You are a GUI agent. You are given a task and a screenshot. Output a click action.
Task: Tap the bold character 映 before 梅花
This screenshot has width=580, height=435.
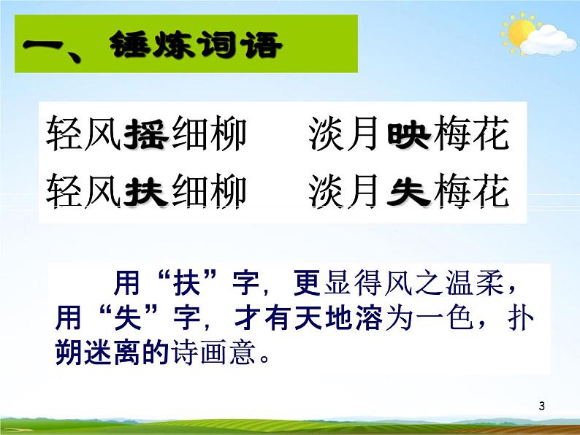(x=408, y=134)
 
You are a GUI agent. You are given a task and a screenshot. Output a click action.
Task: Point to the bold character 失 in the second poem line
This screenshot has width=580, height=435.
(x=408, y=193)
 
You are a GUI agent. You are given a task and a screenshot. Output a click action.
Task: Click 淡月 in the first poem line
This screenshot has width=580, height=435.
(x=344, y=134)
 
